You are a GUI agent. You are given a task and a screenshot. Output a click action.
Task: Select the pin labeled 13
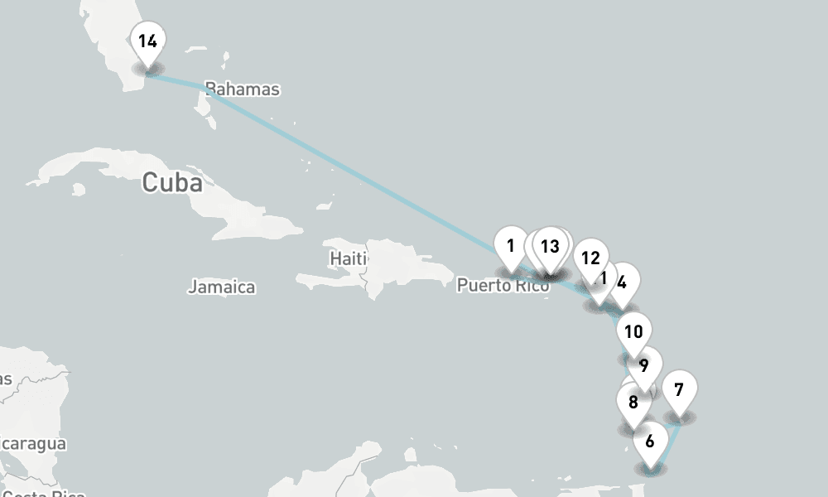[550, 246]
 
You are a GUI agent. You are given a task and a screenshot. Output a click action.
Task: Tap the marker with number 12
[590, 258]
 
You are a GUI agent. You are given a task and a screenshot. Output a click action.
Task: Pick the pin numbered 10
[633, 332]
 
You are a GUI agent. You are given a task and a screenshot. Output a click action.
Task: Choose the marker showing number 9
[643, 364]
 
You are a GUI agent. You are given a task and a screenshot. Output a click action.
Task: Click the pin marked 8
[633, 403]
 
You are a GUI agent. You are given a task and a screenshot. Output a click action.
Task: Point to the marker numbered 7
[679, 388]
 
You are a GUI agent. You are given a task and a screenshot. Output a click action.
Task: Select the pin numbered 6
[650, 441]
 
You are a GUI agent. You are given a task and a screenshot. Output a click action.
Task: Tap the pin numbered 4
[622, 281]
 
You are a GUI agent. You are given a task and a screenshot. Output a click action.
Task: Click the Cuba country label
[171, 181]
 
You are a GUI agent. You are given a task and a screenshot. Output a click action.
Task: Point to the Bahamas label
[242, 89]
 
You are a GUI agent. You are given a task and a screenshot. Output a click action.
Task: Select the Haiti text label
[348, 258]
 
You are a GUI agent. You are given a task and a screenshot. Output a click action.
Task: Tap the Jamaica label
[221, 287]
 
